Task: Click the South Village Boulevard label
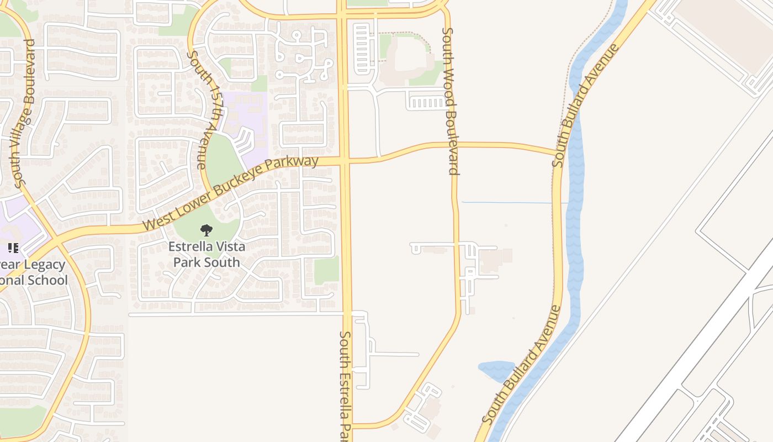point(25,113)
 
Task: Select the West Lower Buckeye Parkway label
point(231,193)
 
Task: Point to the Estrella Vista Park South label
point(207,254)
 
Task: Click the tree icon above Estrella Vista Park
point(207,230)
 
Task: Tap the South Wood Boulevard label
point(450,101)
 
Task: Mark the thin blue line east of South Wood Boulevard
point(508,203)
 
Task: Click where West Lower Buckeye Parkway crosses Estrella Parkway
point(345,161)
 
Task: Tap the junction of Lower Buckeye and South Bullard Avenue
point(557,151)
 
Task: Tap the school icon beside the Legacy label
point(13,248)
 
